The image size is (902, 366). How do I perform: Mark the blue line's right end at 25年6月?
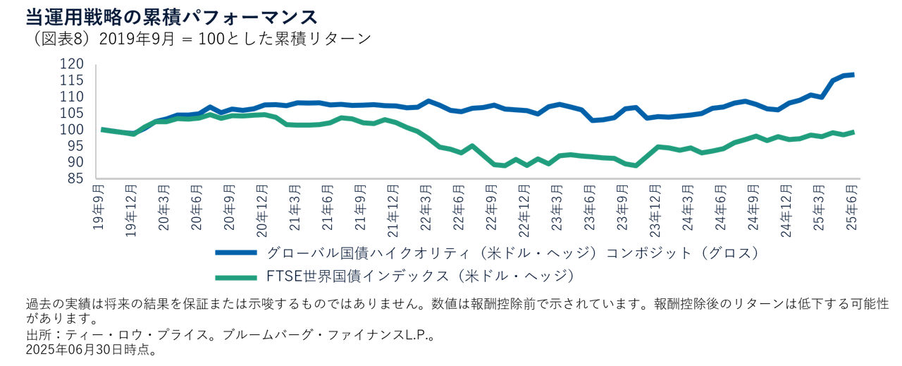pos(854,75)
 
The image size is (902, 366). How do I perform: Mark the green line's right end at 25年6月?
pos(854,132)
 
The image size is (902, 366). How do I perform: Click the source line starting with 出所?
pos(228,335)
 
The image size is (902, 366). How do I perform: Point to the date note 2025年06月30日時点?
pos(90,350)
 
